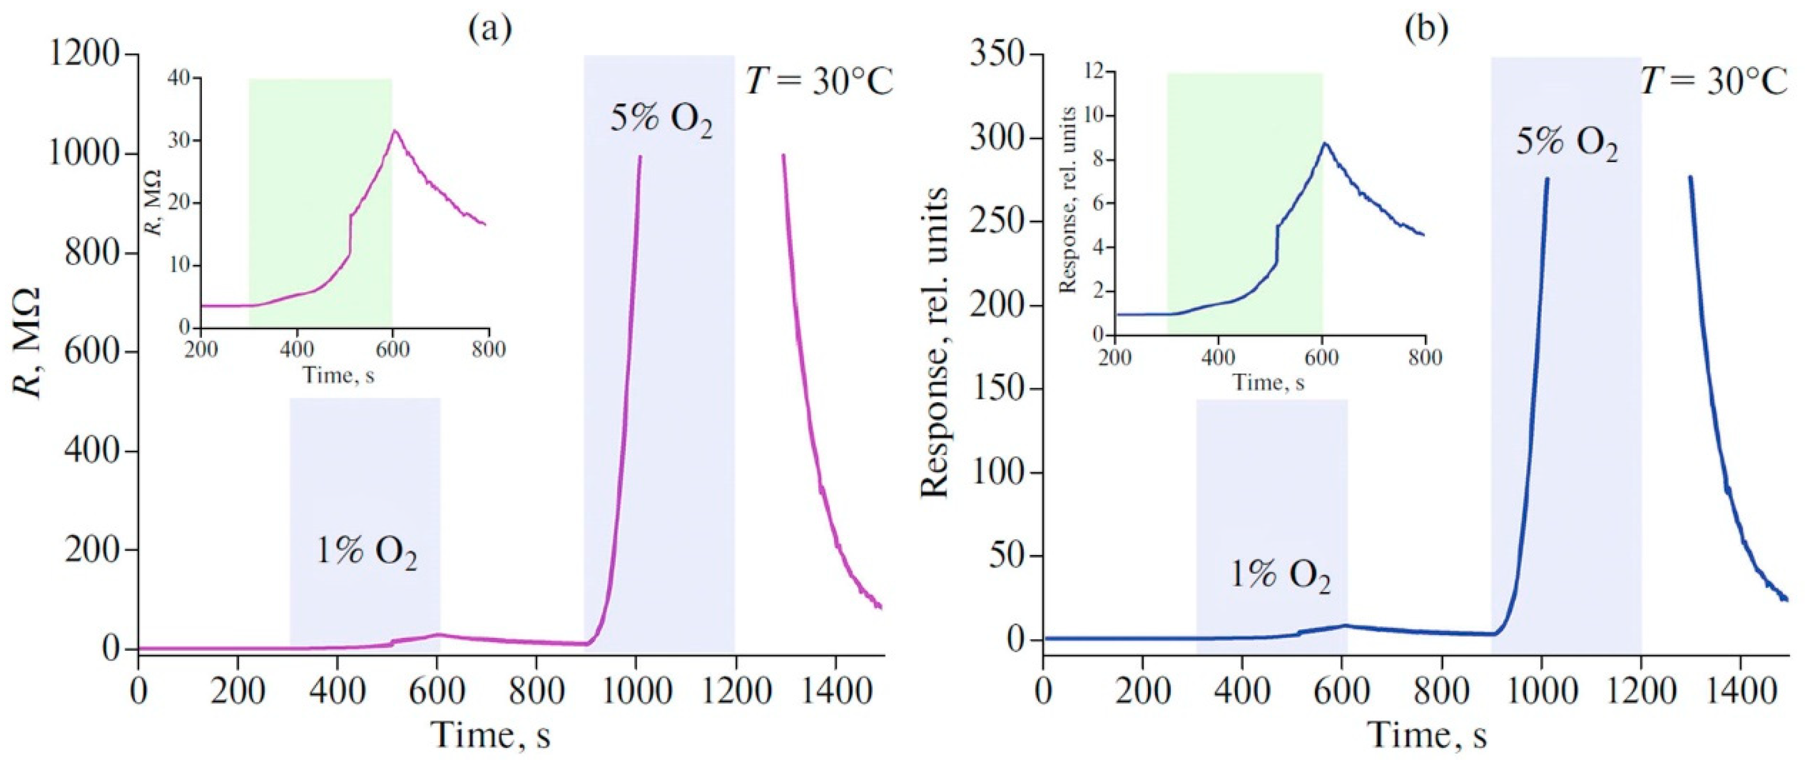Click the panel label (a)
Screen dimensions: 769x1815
point(490,28)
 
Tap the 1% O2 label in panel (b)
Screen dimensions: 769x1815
point(1280,576)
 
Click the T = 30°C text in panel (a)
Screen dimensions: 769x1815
point(819,83)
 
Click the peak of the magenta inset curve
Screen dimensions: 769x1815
point(396,131)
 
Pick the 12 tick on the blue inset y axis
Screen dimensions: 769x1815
point(1091,72)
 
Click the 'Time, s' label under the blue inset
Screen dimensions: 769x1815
point(1268,382)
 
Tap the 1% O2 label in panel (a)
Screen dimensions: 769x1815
point(366,552)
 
